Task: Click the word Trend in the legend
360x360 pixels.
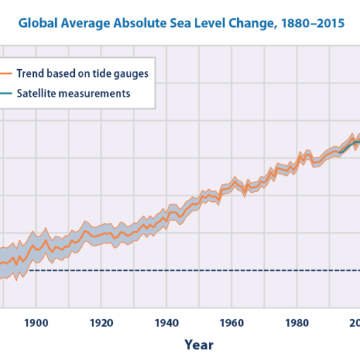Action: (30, 73)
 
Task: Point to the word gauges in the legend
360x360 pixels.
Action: (132, 73)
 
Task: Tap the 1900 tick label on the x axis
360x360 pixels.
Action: (36, 323)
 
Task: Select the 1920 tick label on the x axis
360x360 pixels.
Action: (102, 323)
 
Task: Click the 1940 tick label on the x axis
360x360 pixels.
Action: (167, 323)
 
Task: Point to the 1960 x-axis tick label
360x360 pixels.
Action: (232, 323)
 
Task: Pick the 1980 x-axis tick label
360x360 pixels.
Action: (297, 323)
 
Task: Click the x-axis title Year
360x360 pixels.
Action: (198, 344)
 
